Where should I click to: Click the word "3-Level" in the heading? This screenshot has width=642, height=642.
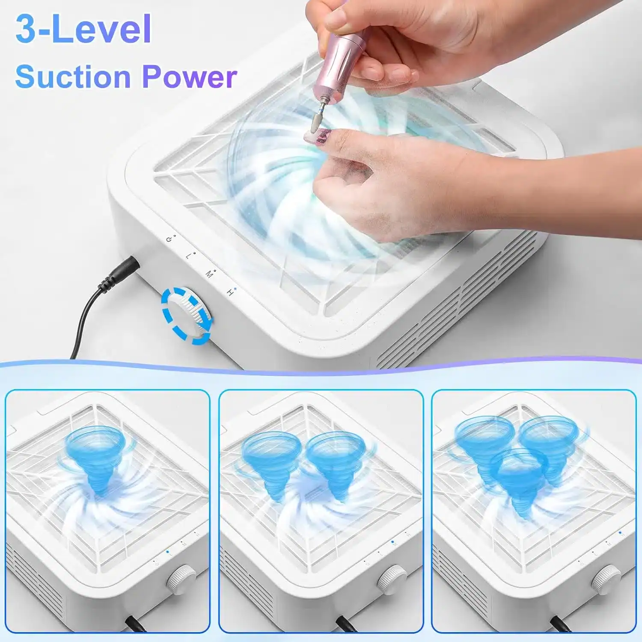click(x=83, y=29)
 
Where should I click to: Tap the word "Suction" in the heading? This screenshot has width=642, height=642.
click(x=73, y=77)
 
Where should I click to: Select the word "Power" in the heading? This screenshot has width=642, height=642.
click(x=190, y=77)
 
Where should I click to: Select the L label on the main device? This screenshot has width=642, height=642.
click(x=189, y=256)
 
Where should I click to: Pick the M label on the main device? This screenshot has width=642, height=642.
click(x=209, y=274)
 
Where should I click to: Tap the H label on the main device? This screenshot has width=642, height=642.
click(x=230, y=293)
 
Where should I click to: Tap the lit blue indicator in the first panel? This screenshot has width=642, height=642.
click(x=167, y=552)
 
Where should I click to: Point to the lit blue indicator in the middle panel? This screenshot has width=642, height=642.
click(x=392, y=542)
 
